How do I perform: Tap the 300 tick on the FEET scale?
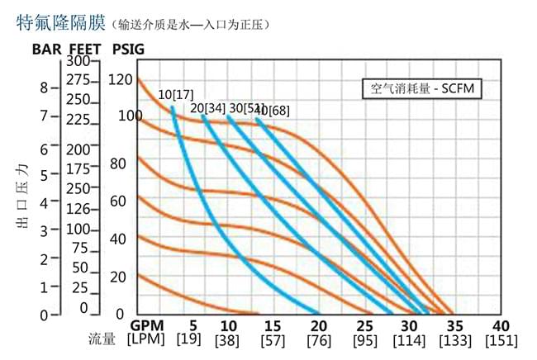point(78,61)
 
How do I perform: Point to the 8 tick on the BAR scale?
point(44,87)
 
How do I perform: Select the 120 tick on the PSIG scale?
point(121,80)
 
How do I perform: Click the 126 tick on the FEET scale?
point(78,209)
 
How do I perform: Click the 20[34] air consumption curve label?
point(207,108)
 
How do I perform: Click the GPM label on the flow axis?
point(146,325)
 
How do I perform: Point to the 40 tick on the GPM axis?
point(501,325)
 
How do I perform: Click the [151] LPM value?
point(501,340)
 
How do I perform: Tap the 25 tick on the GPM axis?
point(364,325)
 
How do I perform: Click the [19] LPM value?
point(192,340)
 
